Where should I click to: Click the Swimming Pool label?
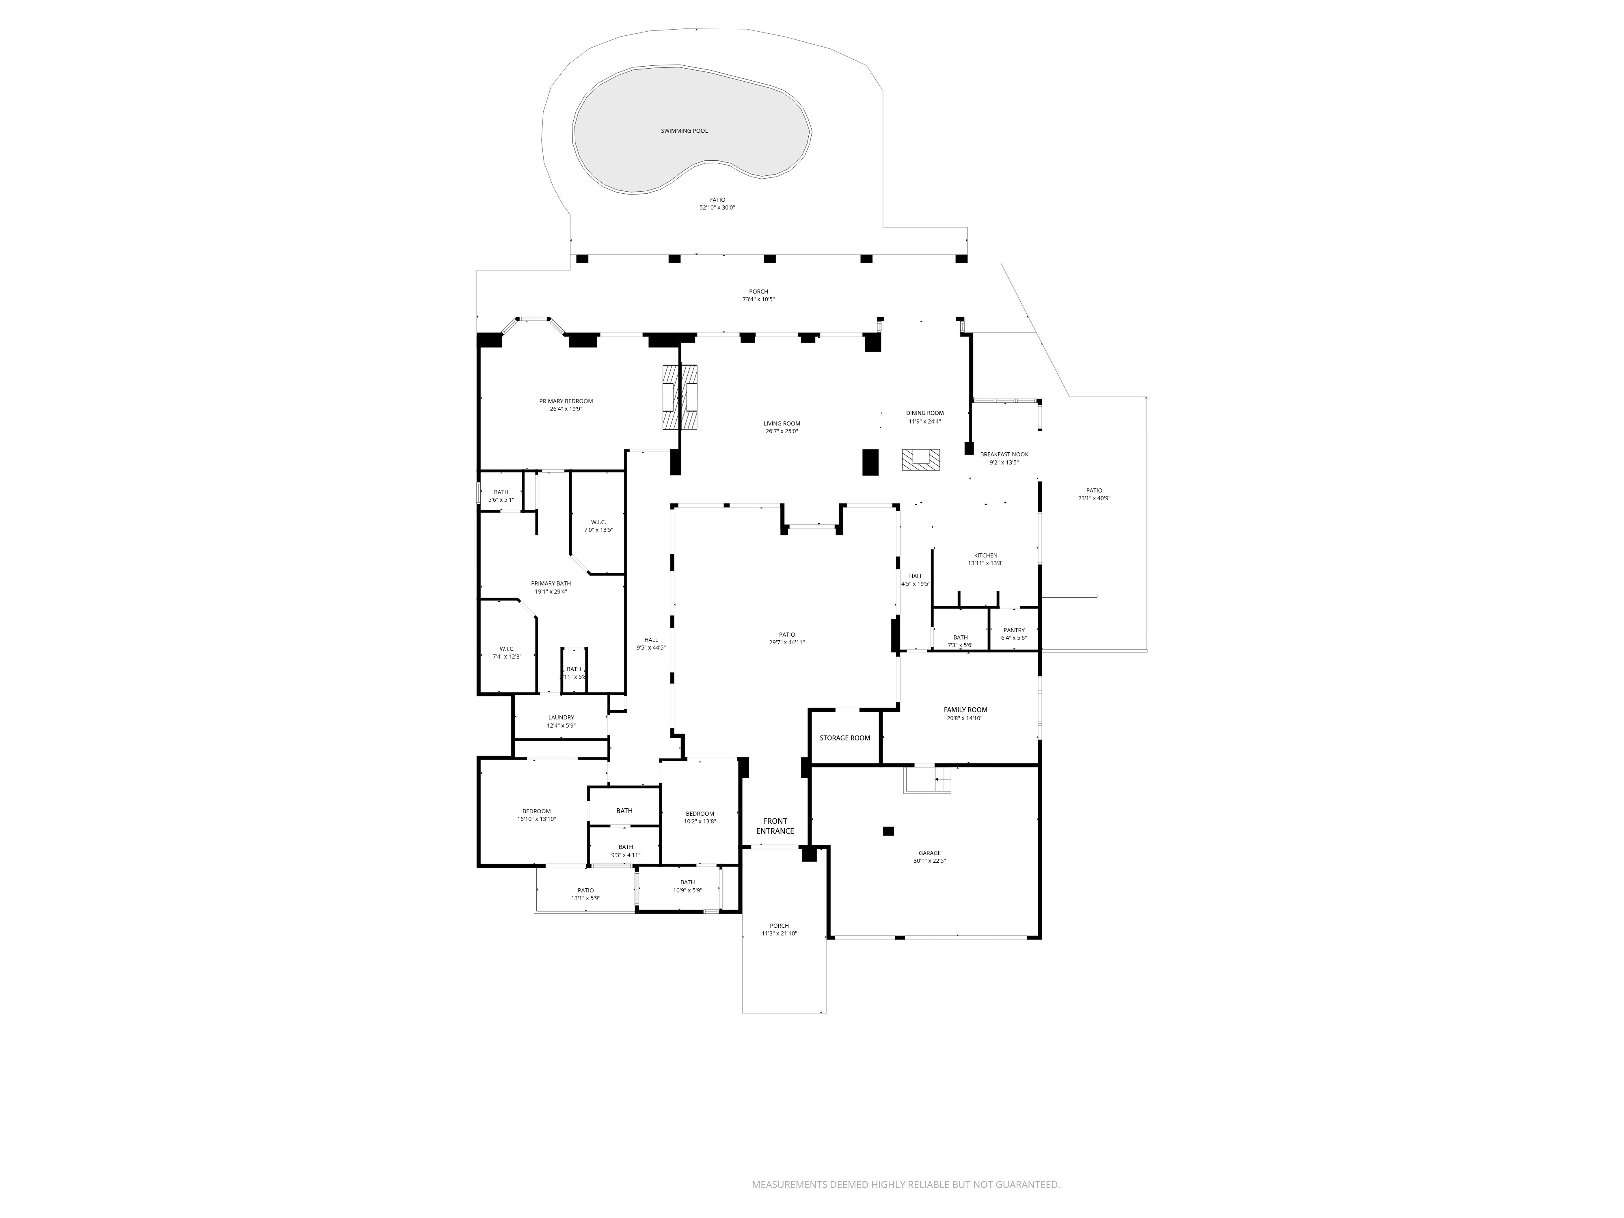684,131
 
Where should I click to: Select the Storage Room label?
844,738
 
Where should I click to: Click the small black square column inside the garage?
888,831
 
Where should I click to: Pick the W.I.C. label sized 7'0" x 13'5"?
598,522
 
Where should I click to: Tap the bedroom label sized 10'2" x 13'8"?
699,814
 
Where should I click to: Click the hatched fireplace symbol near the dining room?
921,460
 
